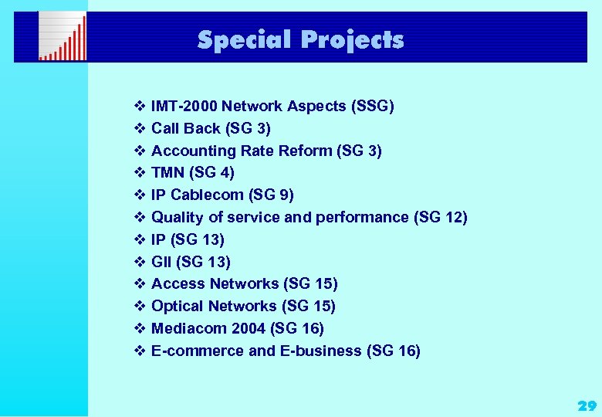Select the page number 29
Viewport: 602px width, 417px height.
[587, 405]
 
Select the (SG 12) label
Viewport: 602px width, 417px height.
[441, 217]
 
